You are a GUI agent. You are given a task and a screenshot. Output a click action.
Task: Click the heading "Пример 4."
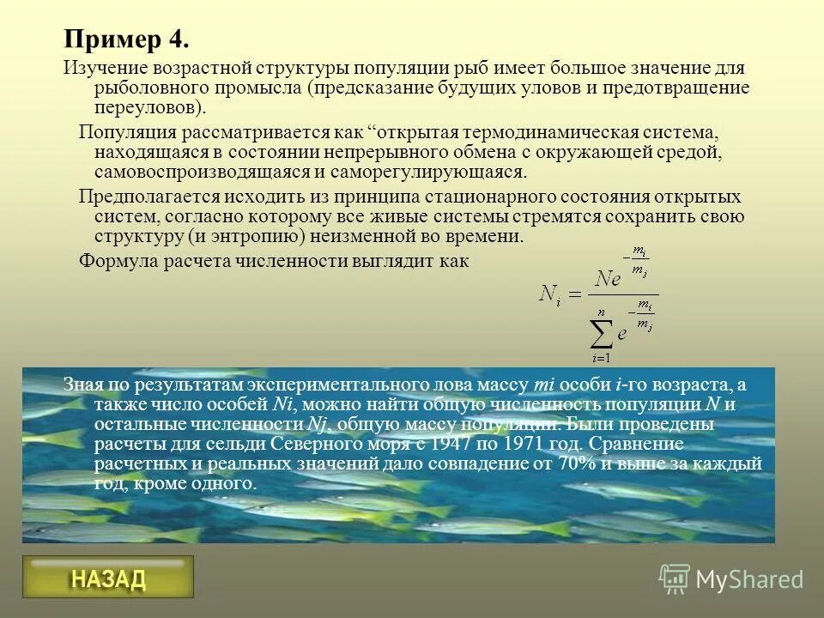tap(125, 40)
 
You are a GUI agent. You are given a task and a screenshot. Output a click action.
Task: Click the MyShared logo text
tap(749, 579)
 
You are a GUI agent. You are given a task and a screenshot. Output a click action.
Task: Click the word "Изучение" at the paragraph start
tap(105, 68)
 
